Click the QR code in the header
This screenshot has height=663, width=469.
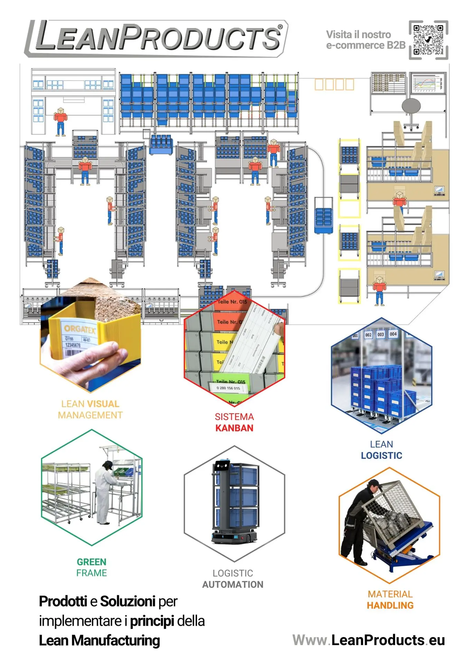click(428, 40)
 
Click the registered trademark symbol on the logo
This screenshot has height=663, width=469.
click(280, 27)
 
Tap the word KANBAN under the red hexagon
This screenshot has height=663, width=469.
click(234, 428)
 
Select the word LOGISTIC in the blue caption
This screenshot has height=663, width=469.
click(382, 456)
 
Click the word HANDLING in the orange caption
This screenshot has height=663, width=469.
click(390, 606)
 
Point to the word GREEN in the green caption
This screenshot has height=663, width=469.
click(92, 562)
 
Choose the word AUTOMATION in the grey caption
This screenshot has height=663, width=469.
click(233, 585)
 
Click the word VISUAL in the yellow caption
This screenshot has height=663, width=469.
click(103, 404)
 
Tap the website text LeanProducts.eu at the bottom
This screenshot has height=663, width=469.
click(388, 640)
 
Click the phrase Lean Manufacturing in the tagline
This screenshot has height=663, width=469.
click(100, 641)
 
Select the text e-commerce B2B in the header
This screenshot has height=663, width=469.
click(366, 46)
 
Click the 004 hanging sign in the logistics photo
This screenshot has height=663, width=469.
click(393, 334)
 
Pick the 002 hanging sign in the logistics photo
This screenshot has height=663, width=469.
click(368, 335)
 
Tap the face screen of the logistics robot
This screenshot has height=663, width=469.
click(222, 466)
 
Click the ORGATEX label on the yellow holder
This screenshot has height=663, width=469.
click(79, 329)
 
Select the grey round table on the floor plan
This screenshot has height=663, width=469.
click(411, 105)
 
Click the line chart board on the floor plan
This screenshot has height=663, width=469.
click(428, 83)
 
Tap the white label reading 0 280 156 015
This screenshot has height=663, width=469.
click(228, 388)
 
